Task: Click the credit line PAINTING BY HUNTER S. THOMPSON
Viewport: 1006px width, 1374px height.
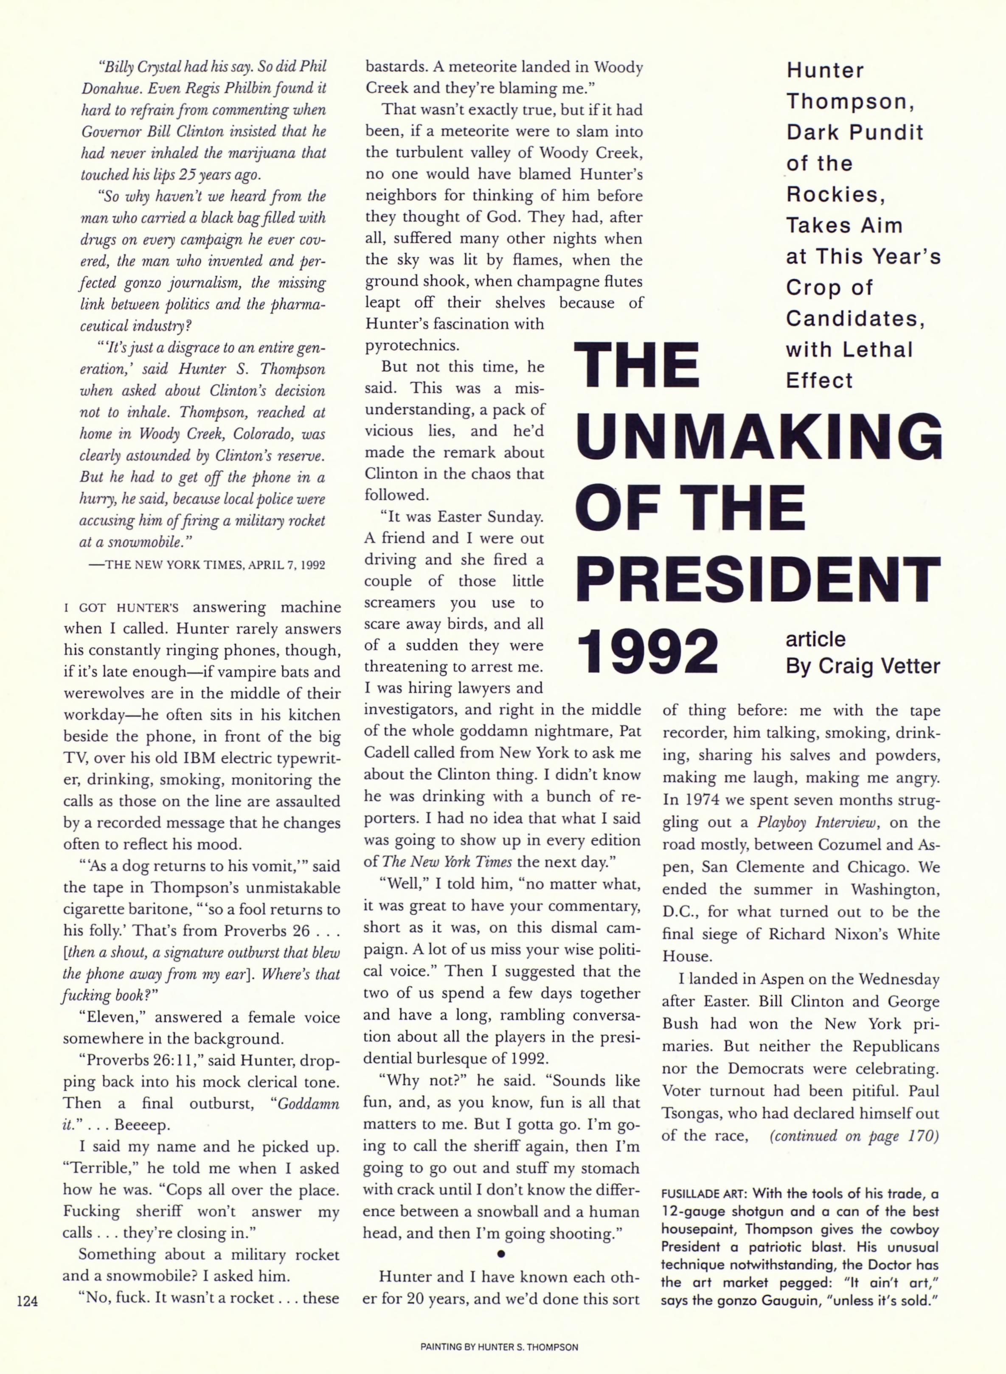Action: click(x=499, y=1347)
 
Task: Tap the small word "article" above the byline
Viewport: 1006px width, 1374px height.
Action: click(x=815, y=639)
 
